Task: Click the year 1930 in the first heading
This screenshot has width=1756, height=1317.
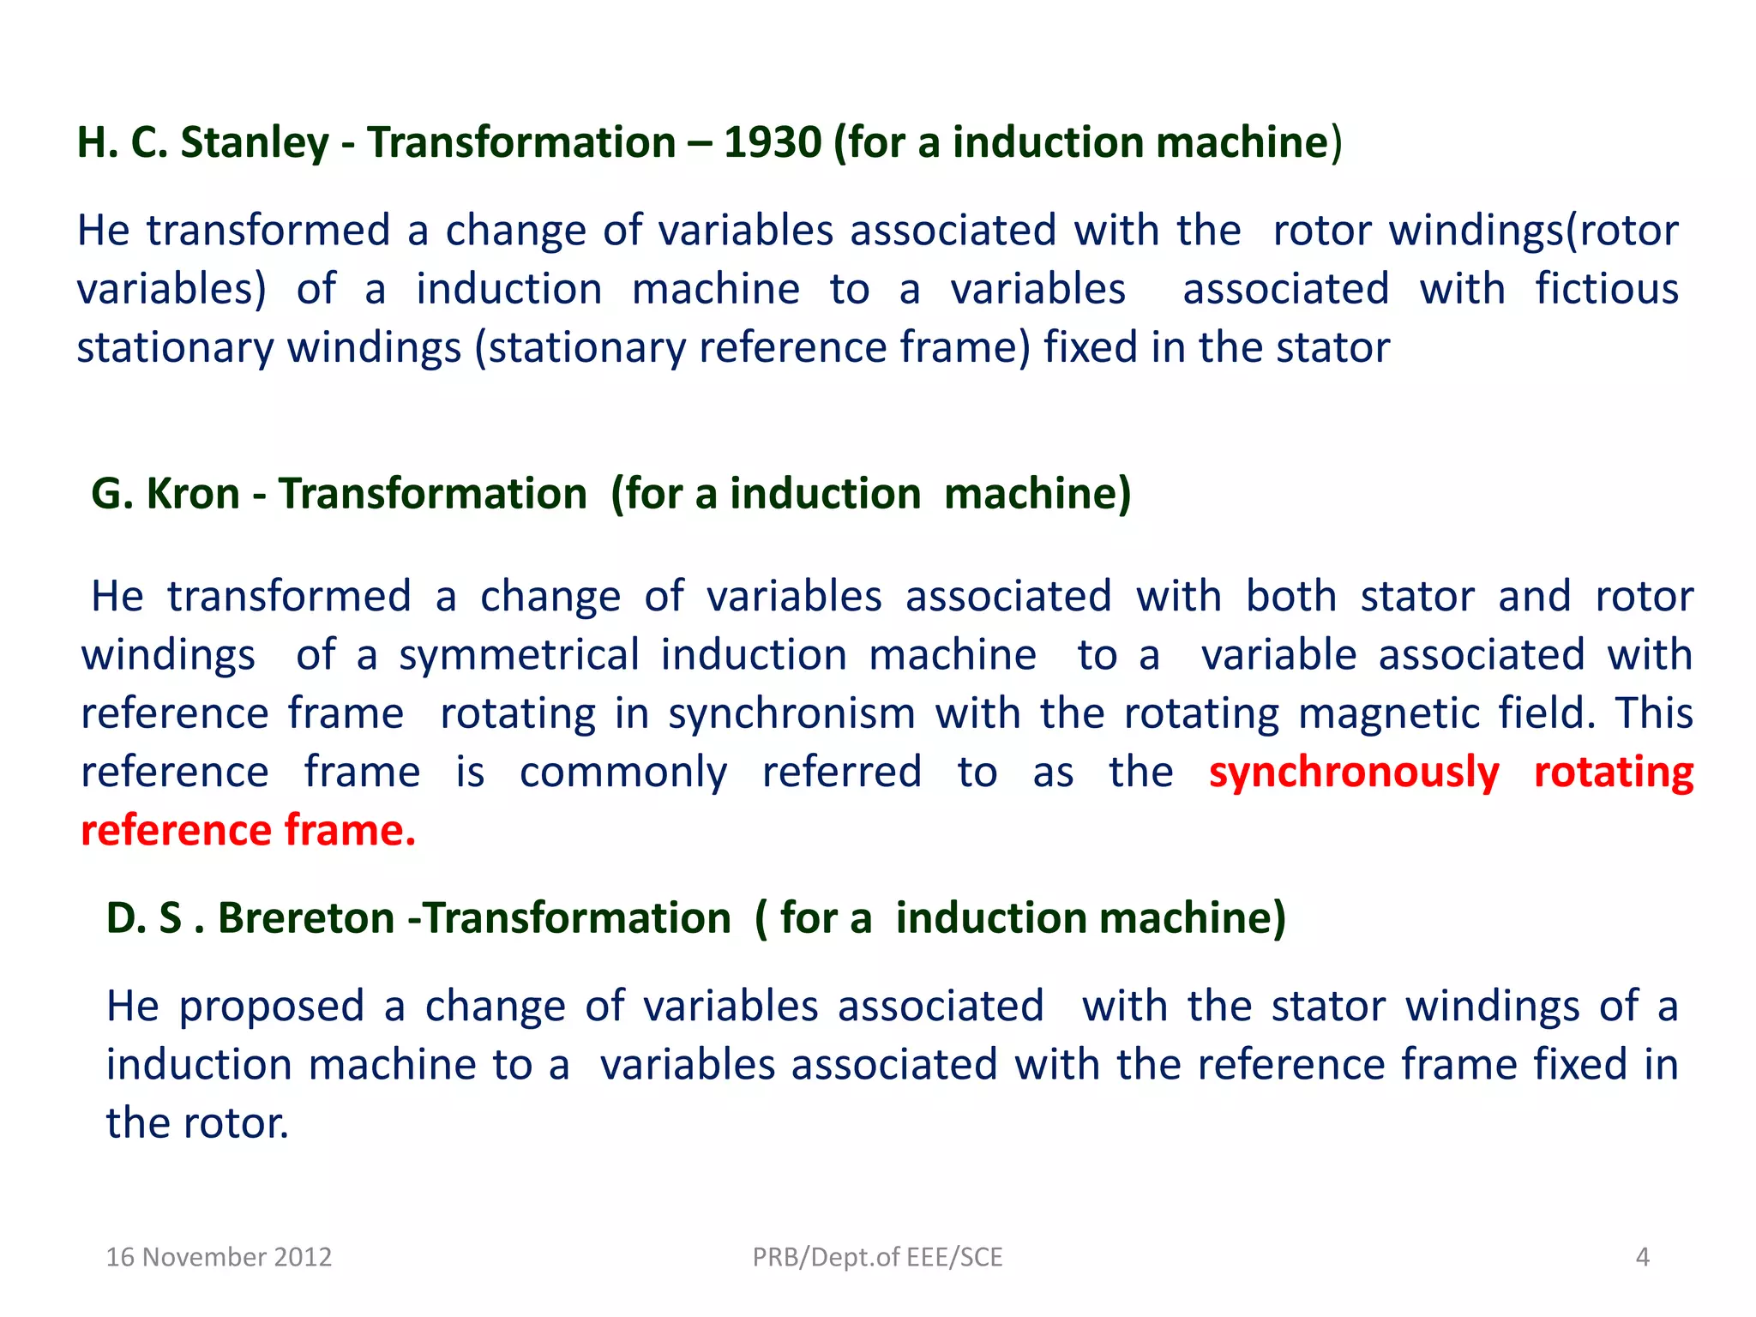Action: pos(773,142)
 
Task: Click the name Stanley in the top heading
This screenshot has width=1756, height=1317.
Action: pos(255,142)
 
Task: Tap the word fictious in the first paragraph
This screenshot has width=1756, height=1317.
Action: pos(1606,289)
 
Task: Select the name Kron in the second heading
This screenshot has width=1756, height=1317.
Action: pos(193,494)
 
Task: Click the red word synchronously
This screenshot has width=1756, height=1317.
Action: pos(1354,772)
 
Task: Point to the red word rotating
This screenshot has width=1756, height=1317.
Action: pos(1613,772)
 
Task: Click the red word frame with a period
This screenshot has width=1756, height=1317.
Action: pos(350,830)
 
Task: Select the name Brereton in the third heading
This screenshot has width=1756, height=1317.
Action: pos(306,918)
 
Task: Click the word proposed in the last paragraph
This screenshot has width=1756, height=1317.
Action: pos(272,1006)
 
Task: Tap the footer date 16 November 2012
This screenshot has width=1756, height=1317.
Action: pos(219,1257)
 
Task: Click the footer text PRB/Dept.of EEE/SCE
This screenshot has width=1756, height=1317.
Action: pos(877,1257)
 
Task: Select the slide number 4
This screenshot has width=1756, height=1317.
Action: pos(1642,1257)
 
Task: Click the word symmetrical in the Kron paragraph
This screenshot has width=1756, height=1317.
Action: pos(519,655)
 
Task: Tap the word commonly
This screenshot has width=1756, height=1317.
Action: pos(623,772)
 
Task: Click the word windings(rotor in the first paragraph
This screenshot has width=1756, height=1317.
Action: pos(1533,231)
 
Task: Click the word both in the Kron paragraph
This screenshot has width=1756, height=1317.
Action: pos(1290,596)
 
